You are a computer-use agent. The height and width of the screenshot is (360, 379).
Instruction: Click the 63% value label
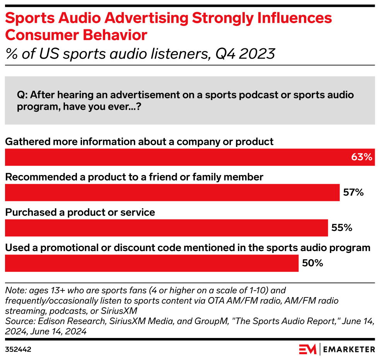tap(361, 157)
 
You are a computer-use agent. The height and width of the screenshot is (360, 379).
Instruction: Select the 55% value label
tap(341, 228)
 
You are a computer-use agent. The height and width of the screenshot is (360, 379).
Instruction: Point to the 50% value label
tap(312, 263)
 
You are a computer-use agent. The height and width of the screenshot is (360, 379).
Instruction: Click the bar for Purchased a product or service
tap(166, 228)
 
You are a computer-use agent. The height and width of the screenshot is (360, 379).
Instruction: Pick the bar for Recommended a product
tap(172, 192)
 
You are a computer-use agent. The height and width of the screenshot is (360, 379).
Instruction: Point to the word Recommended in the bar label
tap(36, 177)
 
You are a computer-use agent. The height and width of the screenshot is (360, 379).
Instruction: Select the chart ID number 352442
tap(18, 350)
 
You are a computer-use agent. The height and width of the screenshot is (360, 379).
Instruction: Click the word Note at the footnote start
tap(14, 290)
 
